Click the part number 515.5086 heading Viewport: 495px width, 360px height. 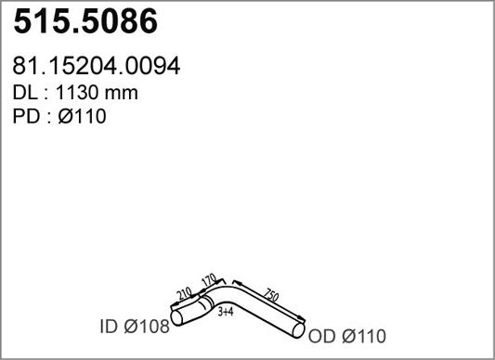pos(85,21)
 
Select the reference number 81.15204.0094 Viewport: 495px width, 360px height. pos(97,66)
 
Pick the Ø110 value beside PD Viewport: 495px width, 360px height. pos(82,116)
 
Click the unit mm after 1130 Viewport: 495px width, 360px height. pos(122,95)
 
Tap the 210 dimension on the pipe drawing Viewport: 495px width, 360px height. pos(185,294)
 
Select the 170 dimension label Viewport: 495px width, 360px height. pos(209,280)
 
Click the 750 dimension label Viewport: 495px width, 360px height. pos(271,295)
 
